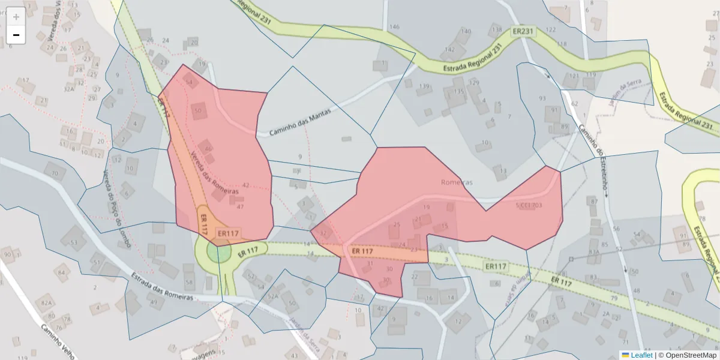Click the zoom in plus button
[x=16, y=17]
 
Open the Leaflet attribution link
[x=641, y=355]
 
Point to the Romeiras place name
[x=457, y=182]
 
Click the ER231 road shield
[x=523, y=31]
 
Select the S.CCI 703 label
[x=529, y=205]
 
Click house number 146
[x=394, y=27]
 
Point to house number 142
[x=450, y=50]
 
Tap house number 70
[x=55, y=175]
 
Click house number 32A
[x=68, y=89]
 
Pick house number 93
[x=542, y=98]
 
